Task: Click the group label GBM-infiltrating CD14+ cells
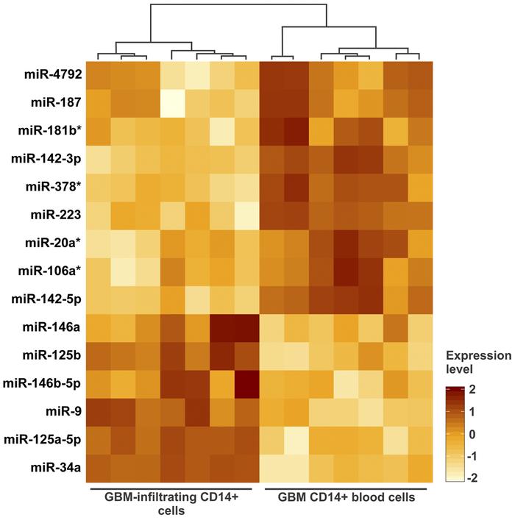(174, 504)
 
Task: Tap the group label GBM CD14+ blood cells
(346, 498)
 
